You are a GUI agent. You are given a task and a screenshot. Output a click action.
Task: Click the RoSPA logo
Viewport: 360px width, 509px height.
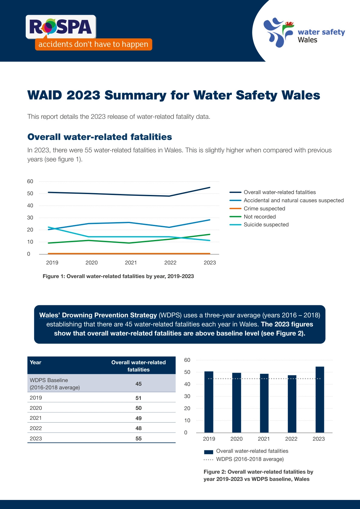pyautogui.click(x=61, y=27)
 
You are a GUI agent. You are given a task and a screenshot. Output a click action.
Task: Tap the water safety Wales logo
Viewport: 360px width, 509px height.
pyautogui.click(x=304, y=33)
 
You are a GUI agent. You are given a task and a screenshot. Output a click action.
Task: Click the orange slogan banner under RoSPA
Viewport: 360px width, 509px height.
pyautogui.click(x=93, y=44)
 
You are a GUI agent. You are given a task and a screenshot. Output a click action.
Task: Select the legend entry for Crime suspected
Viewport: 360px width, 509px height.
pyautogui.click(x=264, y=209)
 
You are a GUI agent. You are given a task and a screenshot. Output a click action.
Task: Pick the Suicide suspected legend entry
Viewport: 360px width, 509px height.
pyautogui.click(x=266, y=225)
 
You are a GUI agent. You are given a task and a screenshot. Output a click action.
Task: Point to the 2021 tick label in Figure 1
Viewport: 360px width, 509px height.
pyautogui.click(x=131, y=263)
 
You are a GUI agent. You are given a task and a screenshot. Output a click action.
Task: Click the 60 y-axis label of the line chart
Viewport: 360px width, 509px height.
pyautogui.click(x=30, y=181)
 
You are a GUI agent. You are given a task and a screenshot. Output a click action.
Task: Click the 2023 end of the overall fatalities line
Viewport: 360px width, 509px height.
pyautogui.click(x=209, y=188)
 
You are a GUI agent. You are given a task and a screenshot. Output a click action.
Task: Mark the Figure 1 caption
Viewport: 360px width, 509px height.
pyautogui.click(x=118, y=276)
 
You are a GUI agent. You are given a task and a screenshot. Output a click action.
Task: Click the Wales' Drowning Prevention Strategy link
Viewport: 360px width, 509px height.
pyautogui.click(x=98, y=315)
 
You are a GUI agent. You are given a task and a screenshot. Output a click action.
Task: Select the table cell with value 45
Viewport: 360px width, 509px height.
pyautogui.click(x=138, y=384)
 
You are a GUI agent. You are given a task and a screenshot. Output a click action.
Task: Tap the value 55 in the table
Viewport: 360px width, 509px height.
pyautogui.click(x=138, y=439)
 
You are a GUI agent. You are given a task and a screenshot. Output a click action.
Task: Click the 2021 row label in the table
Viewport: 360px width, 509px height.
pyautogui.click(x=36, y=418)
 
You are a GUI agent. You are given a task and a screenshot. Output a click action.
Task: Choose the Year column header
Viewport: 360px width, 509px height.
pyautogui.click(x=36, y=362)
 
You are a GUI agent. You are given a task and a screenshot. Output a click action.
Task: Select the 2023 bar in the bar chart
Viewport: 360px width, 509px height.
pyautogui.click(x=319, y=399)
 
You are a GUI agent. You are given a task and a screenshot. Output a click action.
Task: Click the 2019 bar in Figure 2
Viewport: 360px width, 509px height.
pyautogui.click(x=209, y=402)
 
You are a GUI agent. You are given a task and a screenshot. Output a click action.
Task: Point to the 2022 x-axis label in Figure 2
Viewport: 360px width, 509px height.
pyautogui.click(x=291, y=439)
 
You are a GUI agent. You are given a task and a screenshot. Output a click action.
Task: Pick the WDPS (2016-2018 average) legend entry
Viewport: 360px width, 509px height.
pyautogui.click(x=250, y=459)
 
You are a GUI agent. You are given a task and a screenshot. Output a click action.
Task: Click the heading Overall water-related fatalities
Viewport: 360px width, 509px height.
pyautogui.click(x=99, y=137)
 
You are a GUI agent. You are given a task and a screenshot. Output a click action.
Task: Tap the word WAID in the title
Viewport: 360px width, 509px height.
pyautogui.click(x=44, y=95)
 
